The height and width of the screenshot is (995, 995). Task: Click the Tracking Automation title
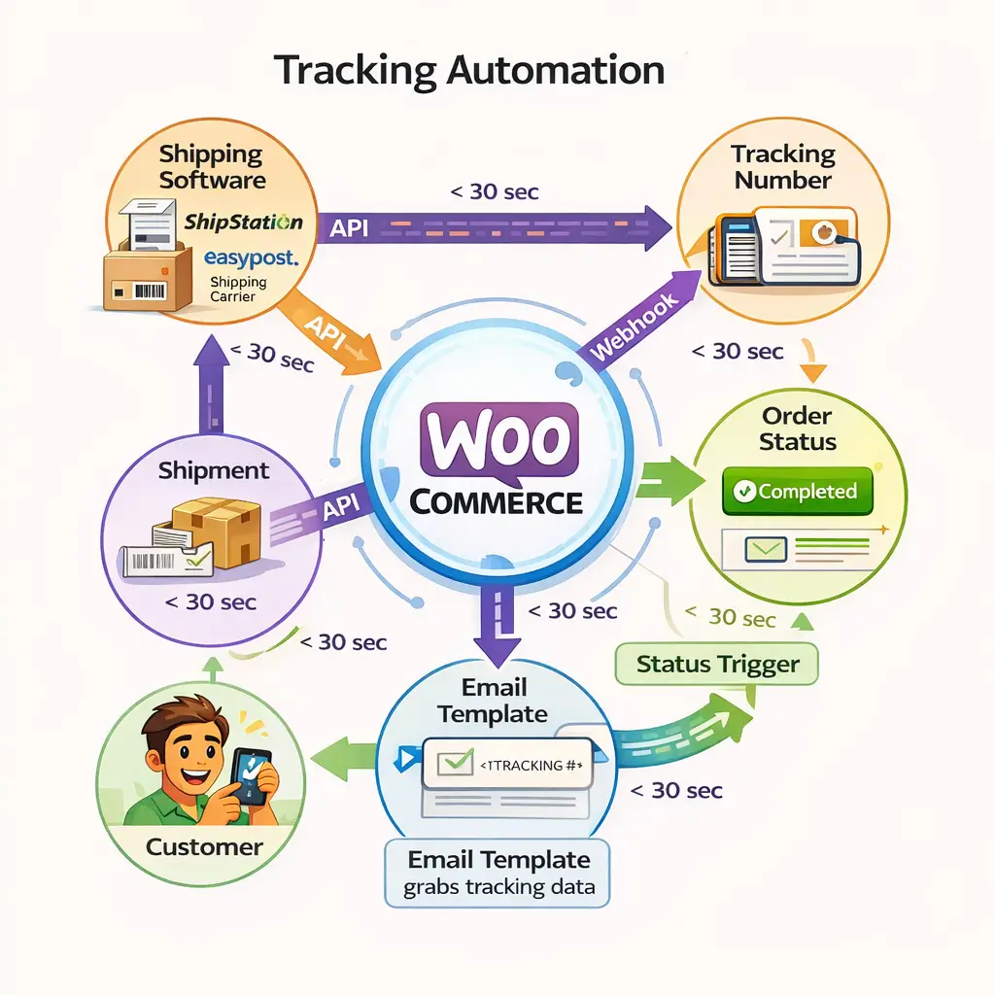[x=469, y=72]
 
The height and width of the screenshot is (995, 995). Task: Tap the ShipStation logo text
[x=243, y=222]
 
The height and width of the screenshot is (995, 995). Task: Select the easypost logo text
[x=250, y=258]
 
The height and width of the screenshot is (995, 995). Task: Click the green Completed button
[x=798, y=492]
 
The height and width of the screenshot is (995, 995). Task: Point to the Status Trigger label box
[x=717, y=665]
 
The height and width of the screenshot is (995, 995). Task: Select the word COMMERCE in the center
[x=497, y=502]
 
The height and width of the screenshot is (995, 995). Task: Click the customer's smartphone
[x=250, y=772]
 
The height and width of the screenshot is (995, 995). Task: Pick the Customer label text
[x=204, y=846]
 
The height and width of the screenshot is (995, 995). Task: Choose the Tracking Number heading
[x=783, y=166]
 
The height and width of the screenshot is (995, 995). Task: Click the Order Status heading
[x=797, y=429]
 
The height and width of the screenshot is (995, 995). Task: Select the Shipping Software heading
[x=212, y=166]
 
